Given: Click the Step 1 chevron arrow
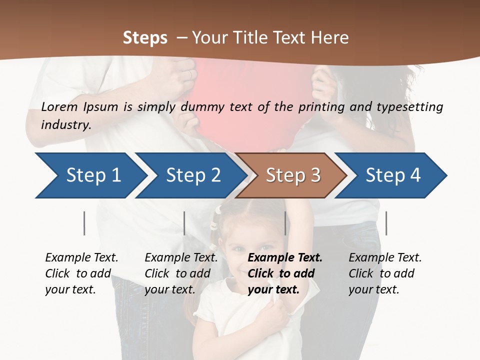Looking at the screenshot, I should [x=90, y=175].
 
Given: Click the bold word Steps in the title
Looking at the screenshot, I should [x=145, y=38].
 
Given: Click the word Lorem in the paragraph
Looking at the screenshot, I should [x=59, y=106].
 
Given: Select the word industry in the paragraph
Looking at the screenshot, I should [x=65, y=124].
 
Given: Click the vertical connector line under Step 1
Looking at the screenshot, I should [x=84, y=223].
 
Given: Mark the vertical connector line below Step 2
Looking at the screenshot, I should [x=184, y=223].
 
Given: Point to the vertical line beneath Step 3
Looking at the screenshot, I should [x=285, y=223].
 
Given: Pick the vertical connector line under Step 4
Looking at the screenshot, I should [x=386, y=223].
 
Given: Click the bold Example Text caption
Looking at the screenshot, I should [x=285, y=273].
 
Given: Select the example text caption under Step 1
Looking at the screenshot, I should [x=81, y=273].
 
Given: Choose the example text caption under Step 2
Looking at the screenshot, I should [x=181, y=273].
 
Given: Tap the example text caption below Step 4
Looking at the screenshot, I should [x=385, y=273].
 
